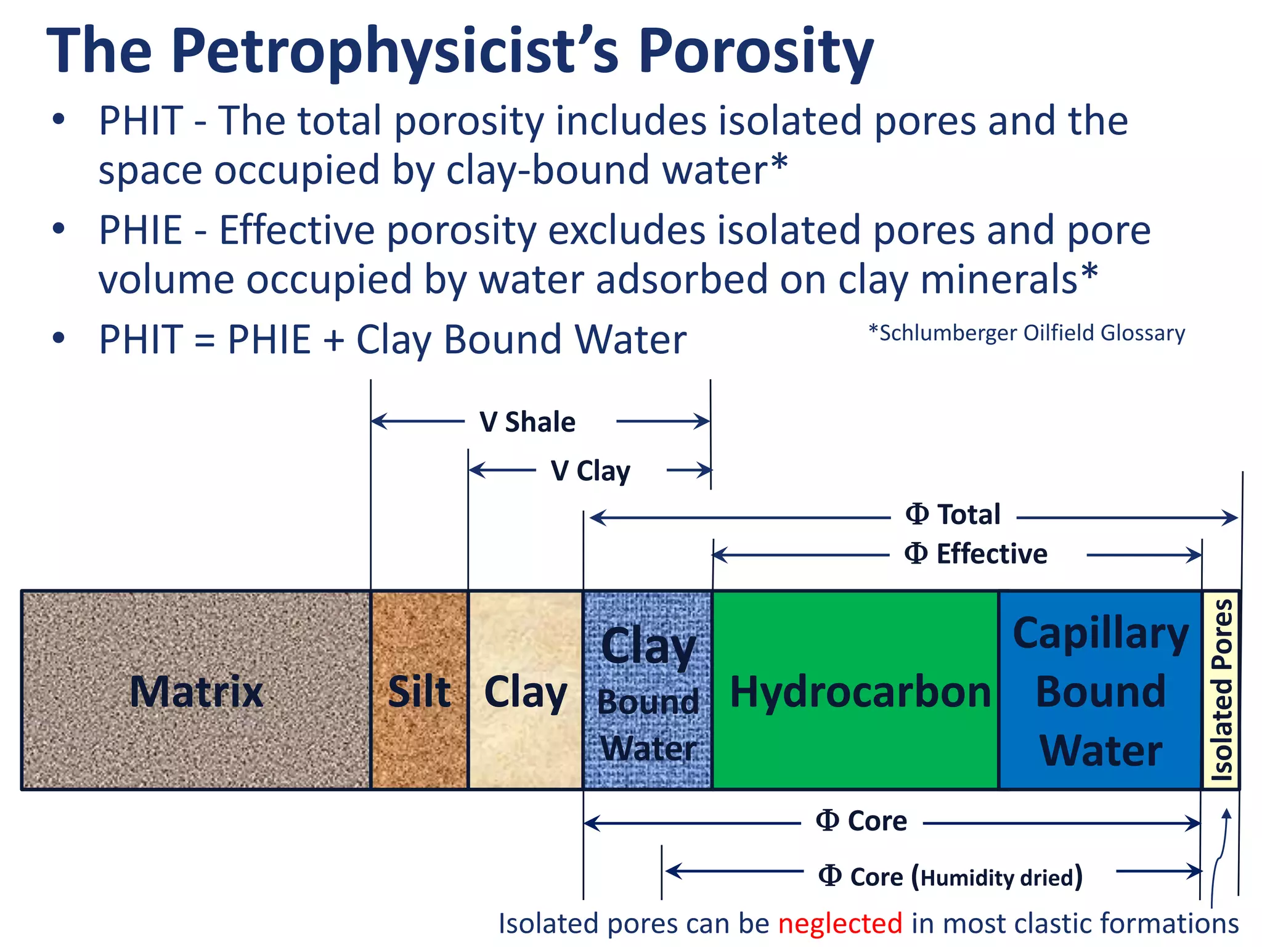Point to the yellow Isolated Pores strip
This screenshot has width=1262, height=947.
tap(1221, 689)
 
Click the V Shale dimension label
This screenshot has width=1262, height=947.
tap(527, 422)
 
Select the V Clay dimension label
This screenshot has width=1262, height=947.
tap(590, 471)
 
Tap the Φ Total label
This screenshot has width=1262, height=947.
tap(953, 515)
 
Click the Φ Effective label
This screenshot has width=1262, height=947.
tap(976, 554)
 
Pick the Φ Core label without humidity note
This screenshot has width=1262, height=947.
tap(861, 821)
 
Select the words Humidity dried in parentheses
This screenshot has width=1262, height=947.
tap(997, 877)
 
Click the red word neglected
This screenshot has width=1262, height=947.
tap(840, 924)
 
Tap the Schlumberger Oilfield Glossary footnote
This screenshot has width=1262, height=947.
tap(1027, 333)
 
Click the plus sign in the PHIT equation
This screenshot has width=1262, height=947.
tap(333, 340)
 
